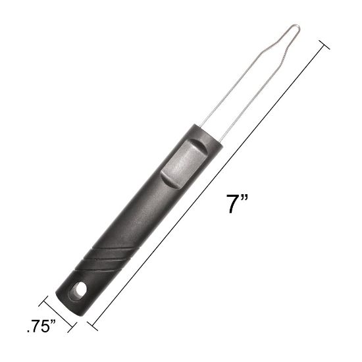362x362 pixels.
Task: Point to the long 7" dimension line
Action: [211, 184]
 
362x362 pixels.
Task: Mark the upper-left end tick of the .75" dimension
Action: [45, 302]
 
